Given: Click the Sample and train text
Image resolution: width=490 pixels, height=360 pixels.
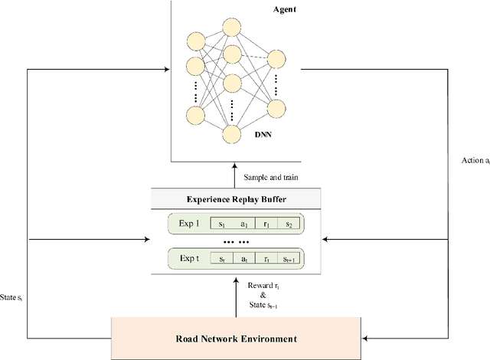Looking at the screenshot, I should (x=271, y=177).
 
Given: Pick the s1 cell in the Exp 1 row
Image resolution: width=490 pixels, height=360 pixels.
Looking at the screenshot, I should (x=221, y=224).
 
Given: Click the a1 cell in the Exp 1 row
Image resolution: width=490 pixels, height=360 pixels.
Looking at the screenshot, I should (x=243, y=224).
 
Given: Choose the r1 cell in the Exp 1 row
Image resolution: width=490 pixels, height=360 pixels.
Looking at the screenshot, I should (x=266, y=224).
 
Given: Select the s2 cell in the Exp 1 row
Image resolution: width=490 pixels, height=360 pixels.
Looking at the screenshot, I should (x=289, y=224).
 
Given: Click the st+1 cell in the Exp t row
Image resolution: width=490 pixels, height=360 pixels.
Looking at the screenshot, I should (x=289, y=260).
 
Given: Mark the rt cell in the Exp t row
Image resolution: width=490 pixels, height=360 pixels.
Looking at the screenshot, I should (x=266, y=260).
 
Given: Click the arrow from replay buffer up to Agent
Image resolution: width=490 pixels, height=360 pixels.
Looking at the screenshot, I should (x=235, y=175).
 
